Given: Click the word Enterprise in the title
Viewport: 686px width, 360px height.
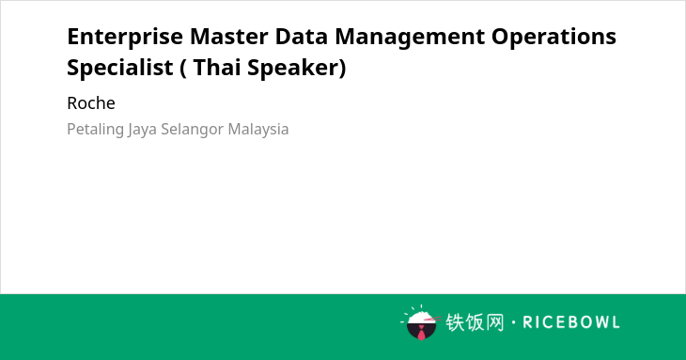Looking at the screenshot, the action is point(125,38).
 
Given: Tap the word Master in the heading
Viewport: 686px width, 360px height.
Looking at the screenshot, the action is point(228,37).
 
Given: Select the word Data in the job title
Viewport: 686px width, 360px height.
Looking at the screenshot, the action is point(302,37).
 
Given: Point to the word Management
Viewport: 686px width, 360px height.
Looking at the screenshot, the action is point(410,38).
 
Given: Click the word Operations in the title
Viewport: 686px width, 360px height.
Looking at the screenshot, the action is point(553,38).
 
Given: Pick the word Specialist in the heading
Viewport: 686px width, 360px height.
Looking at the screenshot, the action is point(120,68).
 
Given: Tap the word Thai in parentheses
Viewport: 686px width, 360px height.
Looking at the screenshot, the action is point(216,68).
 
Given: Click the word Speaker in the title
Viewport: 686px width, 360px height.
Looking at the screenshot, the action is point(293,69).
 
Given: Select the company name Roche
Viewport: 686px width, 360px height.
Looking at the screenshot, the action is point(91,103).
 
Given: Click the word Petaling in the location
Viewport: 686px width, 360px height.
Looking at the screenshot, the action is point(95,130).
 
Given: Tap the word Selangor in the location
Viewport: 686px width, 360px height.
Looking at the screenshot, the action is point(193,130).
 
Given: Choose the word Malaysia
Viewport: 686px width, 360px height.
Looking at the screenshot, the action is point(258,130).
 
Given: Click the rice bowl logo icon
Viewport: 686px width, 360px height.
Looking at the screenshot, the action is point(421,322).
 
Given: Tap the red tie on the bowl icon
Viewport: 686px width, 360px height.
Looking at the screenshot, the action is point(421,333).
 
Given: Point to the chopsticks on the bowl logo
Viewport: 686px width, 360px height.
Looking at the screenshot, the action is point(432,319).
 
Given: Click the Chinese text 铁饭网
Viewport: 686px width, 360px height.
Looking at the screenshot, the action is point(475,322).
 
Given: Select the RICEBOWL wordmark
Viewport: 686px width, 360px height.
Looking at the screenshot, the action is point(571,322).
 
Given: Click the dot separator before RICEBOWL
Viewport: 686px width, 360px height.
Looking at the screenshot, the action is point(513,322).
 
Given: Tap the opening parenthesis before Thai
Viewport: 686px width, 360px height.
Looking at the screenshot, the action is point(183,69).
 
